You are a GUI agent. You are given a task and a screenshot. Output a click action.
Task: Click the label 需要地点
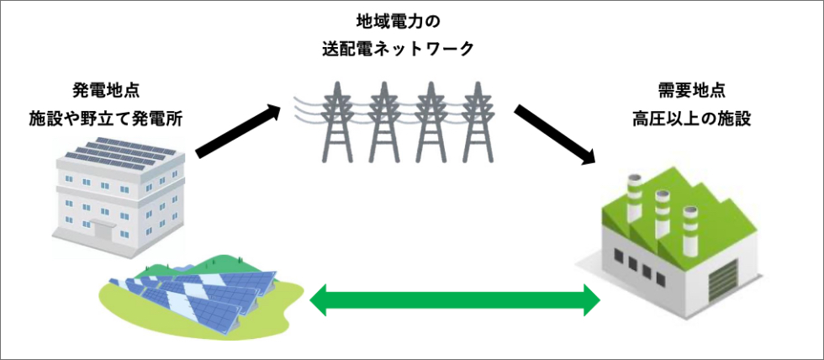coord(691,90)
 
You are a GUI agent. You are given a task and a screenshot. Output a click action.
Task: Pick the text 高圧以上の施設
coord(691,119)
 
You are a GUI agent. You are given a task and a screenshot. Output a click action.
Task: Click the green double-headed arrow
coord(455,299)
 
